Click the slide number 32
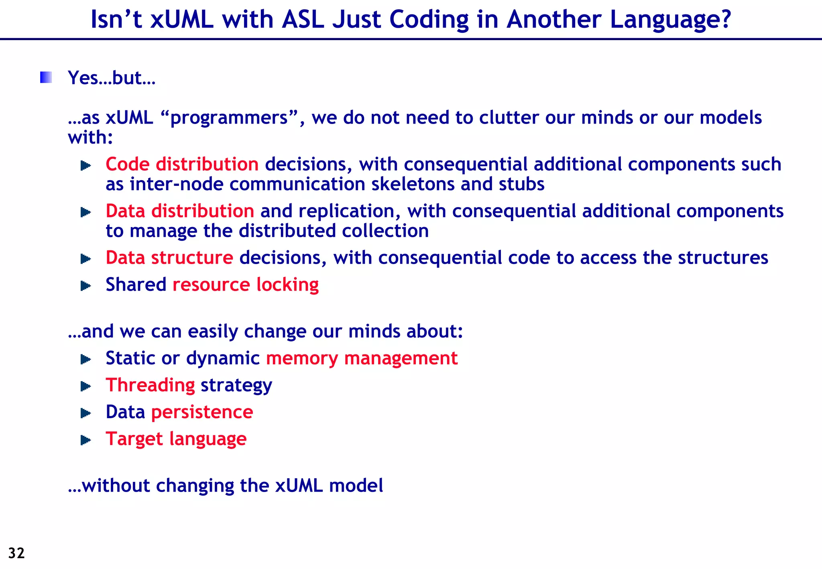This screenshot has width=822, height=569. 16,553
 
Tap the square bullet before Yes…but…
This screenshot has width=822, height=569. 46,77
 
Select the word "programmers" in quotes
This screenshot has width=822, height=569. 229,118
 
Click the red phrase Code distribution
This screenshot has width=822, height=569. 182,165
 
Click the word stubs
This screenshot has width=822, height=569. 521,184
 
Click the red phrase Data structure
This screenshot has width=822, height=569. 169,258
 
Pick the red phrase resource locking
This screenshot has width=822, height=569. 246,285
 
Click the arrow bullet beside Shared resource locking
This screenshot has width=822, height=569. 86,286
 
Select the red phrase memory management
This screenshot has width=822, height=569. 362,358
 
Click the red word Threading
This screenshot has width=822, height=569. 150,385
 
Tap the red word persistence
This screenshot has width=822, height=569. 202,412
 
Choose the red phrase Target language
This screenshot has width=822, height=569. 176,439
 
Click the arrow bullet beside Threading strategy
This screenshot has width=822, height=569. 86,386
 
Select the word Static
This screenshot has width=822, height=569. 130,358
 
